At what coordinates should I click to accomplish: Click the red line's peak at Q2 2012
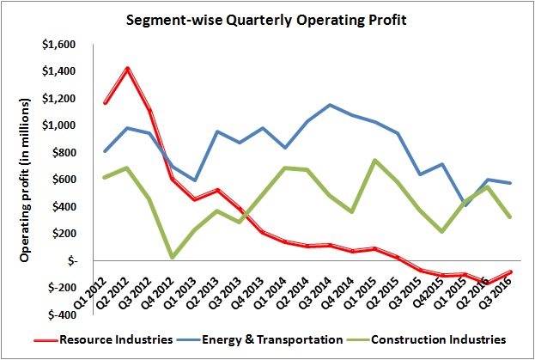coord(127,68)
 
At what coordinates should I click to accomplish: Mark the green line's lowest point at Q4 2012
coord(174,256)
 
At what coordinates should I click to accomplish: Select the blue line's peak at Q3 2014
coord(330,105)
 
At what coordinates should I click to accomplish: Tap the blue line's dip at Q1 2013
coord(198,180)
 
